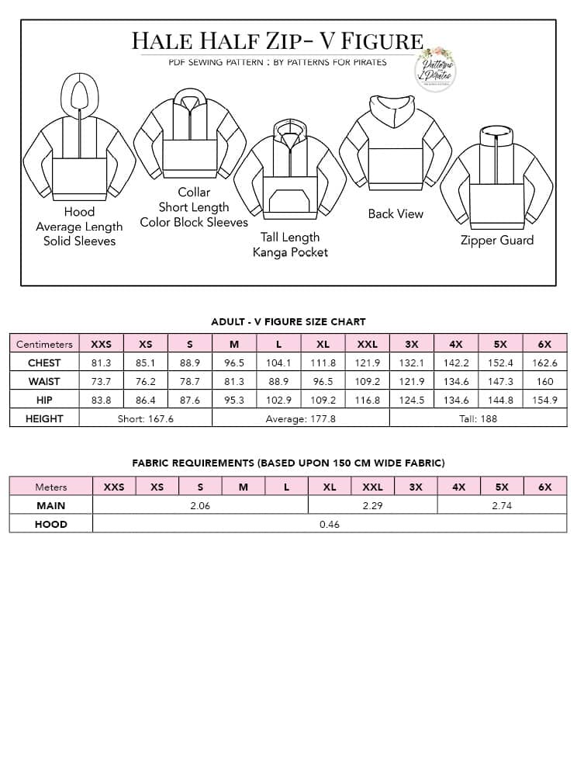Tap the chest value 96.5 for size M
click(234, 362)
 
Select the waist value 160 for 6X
click(544, 381)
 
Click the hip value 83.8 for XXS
click(101, 400)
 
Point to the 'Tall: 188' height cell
click(478, 418)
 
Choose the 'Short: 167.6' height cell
click(145, 418)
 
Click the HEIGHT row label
click(44, 418)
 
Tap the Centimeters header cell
click(44, 344)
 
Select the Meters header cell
click(51, 487)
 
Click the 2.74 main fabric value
click(502, 505)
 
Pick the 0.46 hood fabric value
click(330, 524)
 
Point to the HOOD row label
click(51, 524)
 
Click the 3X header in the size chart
click(412, 344)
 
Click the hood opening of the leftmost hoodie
click(79, 95)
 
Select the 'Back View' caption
click(396, 213)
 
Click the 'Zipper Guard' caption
click(497, 241)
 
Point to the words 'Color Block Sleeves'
click(194, 222)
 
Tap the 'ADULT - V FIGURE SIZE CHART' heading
click(288, 321)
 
